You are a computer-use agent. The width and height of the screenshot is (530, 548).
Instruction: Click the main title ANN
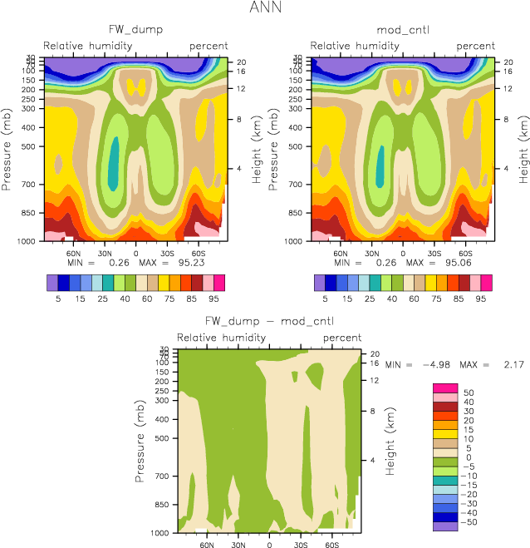tap(265, 9)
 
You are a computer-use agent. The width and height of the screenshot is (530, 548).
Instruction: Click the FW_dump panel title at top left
tap(135, 30)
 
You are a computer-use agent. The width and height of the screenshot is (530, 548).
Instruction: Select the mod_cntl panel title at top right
tap(402, 30)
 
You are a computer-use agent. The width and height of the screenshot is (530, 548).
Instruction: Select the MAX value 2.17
tap(511, 365)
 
